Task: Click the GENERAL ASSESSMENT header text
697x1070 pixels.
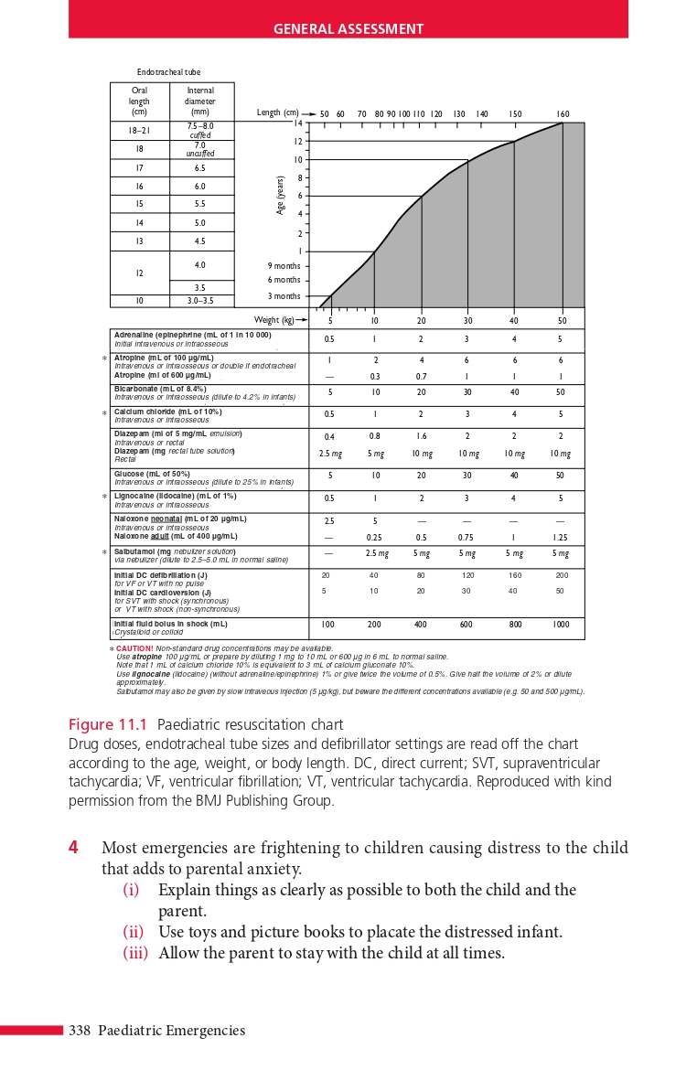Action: pos(348,29)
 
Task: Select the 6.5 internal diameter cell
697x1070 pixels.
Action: pos(200,168)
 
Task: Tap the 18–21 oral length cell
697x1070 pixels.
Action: pos(139,131)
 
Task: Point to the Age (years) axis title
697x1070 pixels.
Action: pos(280,196)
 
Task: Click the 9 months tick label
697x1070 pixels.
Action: pos(284,266)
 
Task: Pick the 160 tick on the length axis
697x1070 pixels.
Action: pos(563,114)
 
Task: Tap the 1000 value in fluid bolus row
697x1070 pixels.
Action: pos(561,625)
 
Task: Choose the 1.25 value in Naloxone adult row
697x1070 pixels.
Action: pos(561,538)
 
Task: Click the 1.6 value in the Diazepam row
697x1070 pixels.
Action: pos(421,437)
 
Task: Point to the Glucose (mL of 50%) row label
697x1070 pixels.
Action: pos(152,474)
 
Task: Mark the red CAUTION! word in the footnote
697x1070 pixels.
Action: pos(134,648)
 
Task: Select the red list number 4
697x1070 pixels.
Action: pos(74,848)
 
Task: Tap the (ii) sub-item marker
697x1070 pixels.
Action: pos(134,932)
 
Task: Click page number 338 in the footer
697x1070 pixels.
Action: pos(80,1031)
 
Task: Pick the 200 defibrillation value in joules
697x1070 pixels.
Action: pos(562,575)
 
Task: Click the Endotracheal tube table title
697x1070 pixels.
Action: pos(169,72)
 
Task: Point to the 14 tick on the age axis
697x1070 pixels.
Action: pos(298,123)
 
